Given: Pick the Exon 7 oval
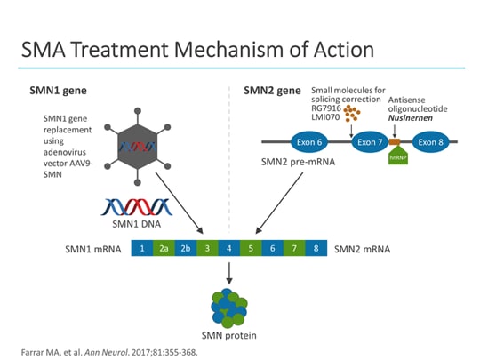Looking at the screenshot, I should pos(368,141).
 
